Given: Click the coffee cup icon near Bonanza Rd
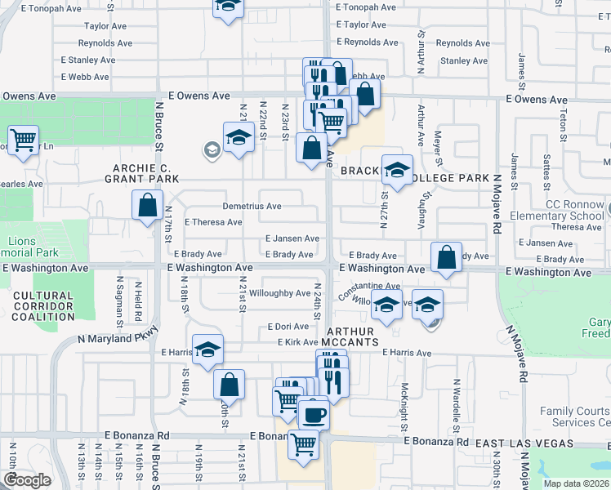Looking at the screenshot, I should coord(314,413).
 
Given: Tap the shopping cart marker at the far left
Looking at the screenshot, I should coord(24,140).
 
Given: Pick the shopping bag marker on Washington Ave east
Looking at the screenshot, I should coord(446,257).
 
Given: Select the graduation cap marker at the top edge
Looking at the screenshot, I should coord(228,7).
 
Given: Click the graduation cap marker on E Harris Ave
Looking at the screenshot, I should coord(207,349).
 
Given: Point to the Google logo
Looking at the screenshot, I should coord(26,480).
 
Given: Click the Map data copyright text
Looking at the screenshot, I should coord(575,483).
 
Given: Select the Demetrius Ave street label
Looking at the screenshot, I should coord(252,206).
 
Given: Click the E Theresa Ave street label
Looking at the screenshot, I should coord(212,222).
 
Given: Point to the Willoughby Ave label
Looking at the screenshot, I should coord(279,292).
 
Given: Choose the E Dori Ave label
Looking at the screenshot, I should coord(288,327).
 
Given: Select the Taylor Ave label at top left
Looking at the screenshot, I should coord(108,26).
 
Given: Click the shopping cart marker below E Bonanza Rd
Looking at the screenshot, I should coord(303,445).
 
